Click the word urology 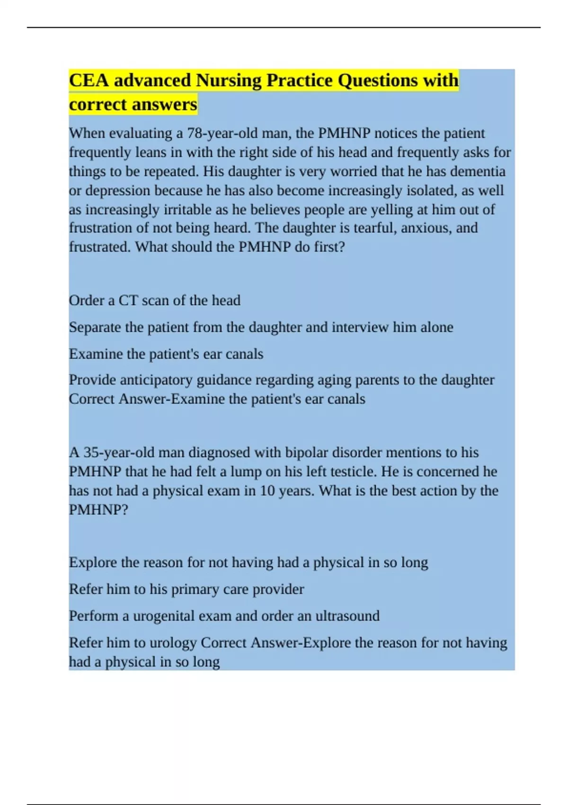click(x=173, y=643)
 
